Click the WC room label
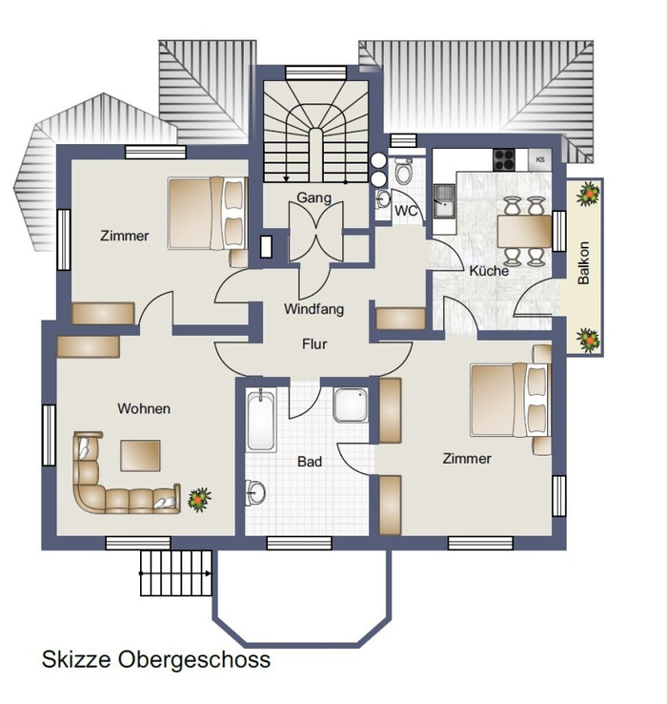pos(406,211)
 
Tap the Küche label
pos(489,271)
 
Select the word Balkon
pos(583,263)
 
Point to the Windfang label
pos(314,309)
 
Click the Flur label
pos(314,344)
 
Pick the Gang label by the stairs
pos(314,197)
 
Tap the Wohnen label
pos(144,408)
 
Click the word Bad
pos(310,462)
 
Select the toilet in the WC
pos(403,170)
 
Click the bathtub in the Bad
pos(261,421)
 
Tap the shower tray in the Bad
pos(351,405)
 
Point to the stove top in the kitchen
pos(504,160)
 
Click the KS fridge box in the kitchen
pos(540,159)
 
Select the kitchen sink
pos(444,201)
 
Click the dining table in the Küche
pos(524,231)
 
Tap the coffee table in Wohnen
pos(140,456)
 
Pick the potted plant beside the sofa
pos(199,499)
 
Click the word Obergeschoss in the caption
pos(194,660)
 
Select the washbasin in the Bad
pos(254,492)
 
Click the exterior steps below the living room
pos(176,573)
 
